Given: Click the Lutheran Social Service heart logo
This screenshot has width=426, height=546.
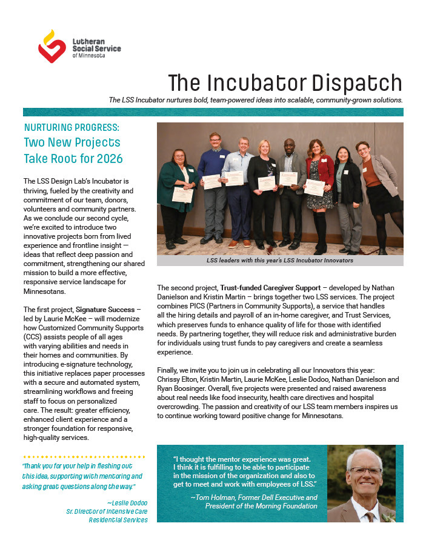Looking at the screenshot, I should pyautogui.click(x=52, y=46).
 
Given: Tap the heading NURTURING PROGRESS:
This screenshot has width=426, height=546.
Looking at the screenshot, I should pyautogui.click(x=72, y=128).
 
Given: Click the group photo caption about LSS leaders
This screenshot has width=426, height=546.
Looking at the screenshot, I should pyautogui.click(x=280, y=260).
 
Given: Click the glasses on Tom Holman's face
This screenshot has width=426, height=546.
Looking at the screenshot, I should pyautogui.click(x=364, y=471).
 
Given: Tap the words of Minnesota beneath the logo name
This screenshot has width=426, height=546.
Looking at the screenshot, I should pyautogui.click(x=88, y=55).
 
